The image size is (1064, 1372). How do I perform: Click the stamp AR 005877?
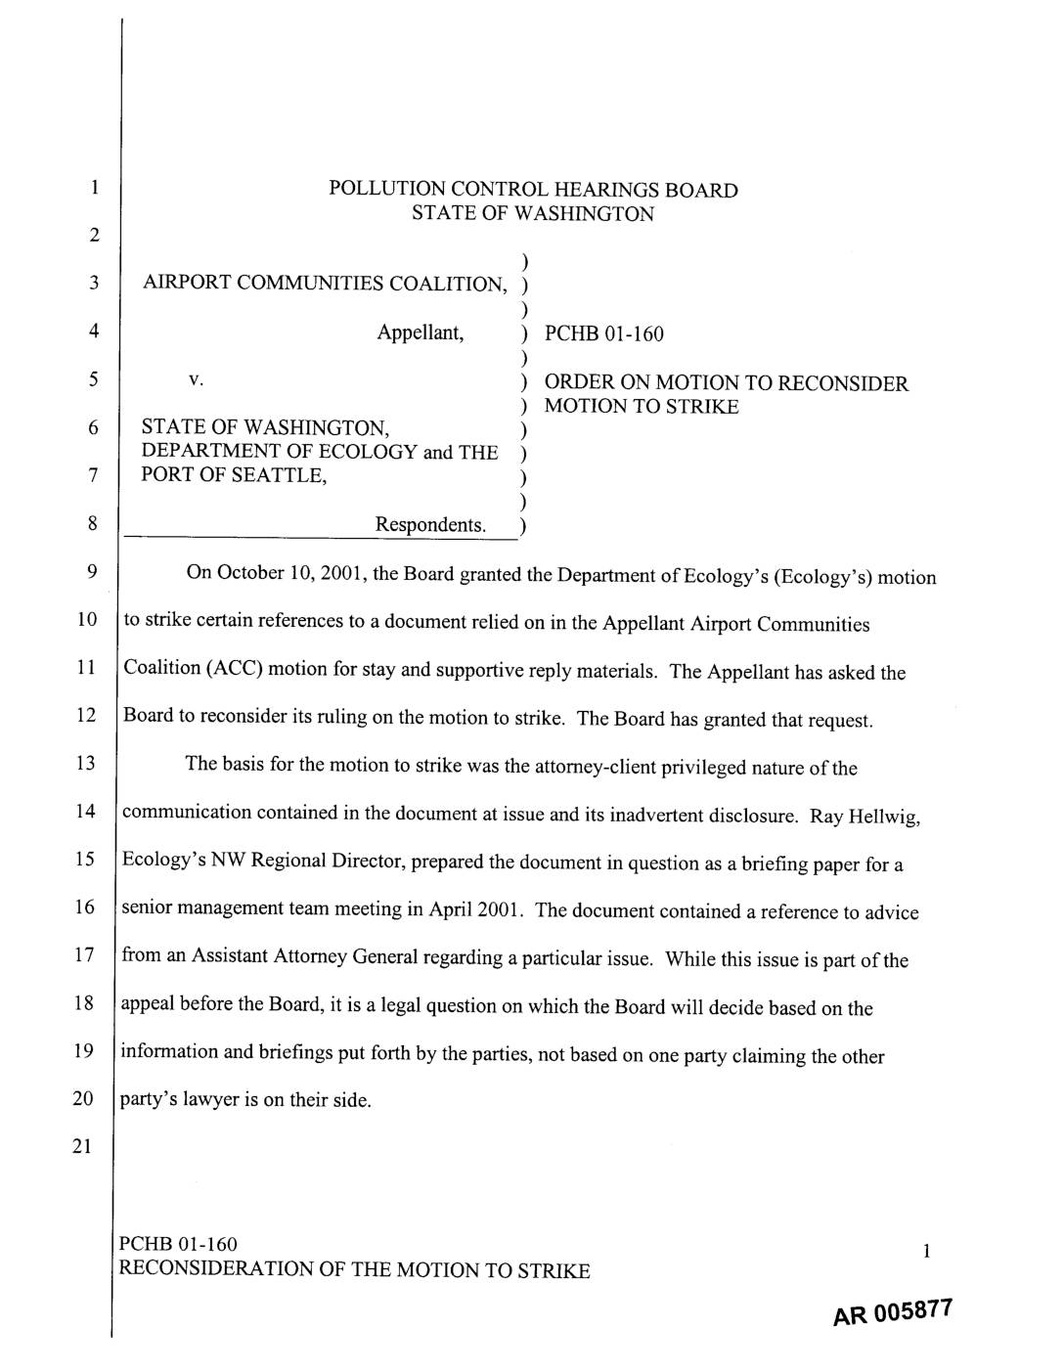(892, 1312)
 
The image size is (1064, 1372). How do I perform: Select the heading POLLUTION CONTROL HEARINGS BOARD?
(533, 190)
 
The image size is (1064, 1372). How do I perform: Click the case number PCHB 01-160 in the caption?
(603, 334)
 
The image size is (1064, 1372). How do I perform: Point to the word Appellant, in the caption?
(421, 332)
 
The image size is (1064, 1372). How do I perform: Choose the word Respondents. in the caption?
(430, 525)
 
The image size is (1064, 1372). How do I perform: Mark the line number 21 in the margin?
(86, 1146)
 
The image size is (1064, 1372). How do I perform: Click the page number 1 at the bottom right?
(924, 1250)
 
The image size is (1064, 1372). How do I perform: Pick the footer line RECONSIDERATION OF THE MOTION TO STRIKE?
(353, 1270)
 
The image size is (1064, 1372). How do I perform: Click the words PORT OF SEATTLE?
(234, 475)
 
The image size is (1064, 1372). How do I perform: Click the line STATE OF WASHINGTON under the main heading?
(532, 214)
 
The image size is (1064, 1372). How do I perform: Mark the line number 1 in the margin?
(92, 188)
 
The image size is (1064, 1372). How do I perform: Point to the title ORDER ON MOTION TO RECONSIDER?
(726, 383)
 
